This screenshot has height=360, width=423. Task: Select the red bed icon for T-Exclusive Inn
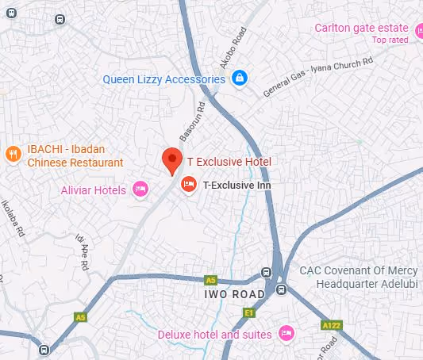point(189,184)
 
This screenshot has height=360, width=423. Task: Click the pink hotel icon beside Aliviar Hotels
point(140,189)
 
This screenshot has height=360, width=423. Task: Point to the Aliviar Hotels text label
point(93,190)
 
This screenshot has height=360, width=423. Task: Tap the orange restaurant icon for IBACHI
point(12,155)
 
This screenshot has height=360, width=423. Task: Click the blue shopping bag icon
point(240,79)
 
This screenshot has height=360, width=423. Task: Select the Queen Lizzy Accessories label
point(164,79)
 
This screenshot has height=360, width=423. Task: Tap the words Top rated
point(390,40)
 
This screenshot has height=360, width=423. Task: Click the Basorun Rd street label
point(191,121)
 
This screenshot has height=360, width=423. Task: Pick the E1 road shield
point(248,314)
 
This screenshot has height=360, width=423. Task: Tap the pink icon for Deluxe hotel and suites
point(287,331)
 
